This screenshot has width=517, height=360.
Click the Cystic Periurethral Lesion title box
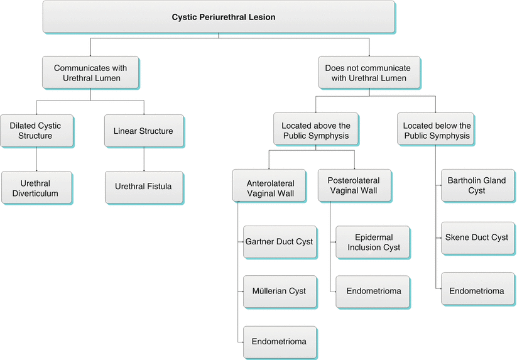[219, 17]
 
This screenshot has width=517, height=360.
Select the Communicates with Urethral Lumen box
[90, 73]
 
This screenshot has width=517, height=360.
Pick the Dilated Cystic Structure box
[36, 131]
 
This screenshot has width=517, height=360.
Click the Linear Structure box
[143, 131]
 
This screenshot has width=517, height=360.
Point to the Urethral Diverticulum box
[37, 188]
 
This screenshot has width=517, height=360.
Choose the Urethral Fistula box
[144, 187]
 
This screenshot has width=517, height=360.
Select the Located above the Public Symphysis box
[316, 131]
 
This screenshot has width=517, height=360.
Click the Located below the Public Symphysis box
[436, 131]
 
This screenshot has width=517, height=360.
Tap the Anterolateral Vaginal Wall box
[270, 185]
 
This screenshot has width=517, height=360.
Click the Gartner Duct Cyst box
[279, 242]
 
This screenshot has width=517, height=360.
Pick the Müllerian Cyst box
[279, 291]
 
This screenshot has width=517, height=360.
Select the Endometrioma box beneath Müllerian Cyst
[279, 342]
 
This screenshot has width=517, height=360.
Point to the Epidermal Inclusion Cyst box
[373, 243]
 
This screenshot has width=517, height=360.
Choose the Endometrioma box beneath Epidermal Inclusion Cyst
[373, 292]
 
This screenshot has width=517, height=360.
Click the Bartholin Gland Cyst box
[477, 185]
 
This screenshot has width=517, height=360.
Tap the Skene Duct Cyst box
[477, 237]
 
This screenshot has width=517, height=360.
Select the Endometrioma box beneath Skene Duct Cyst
[477, 292]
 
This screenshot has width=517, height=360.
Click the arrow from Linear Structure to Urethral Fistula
[144, 160]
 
